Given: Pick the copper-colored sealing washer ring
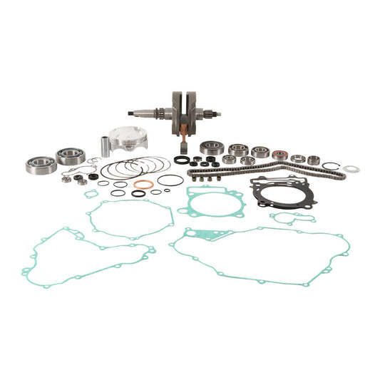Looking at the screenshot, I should (143, 185).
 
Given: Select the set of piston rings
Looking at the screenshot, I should (125, 170).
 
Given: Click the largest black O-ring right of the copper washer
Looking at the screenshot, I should (170, 180).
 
